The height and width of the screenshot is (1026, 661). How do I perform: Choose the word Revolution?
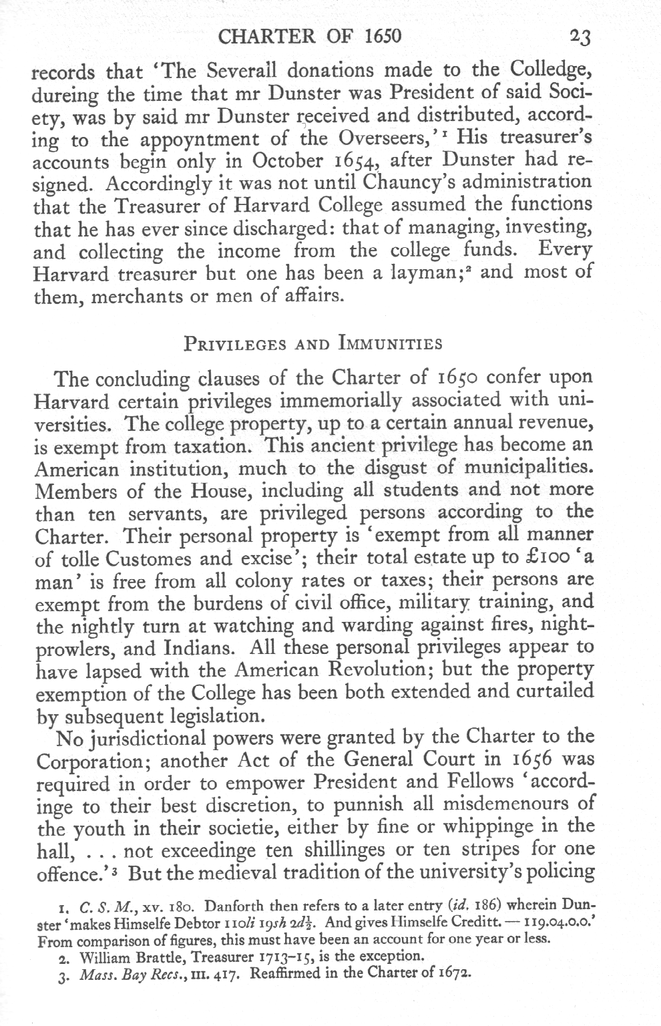pos(379,669)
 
